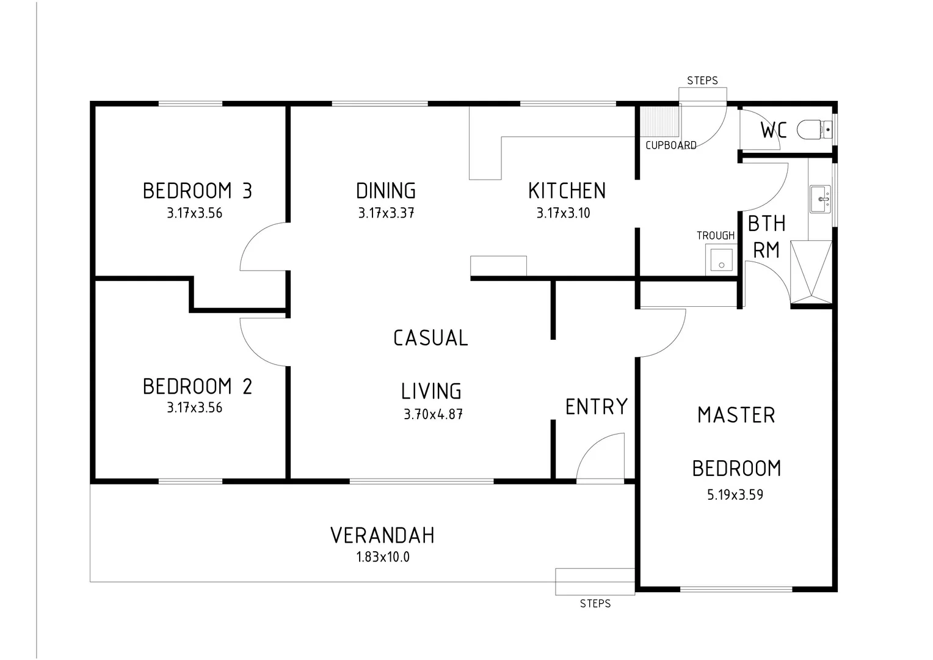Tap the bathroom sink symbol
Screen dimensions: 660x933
(x=820, y=199)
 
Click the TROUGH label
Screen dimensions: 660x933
(x=716, y=235)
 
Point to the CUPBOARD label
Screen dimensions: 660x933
(x=671, y=145)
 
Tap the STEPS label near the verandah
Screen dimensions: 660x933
(x=595, y=604)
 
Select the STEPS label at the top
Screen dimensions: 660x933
(x=702, y=81)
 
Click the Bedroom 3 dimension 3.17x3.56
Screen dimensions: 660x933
(x=195, y=213)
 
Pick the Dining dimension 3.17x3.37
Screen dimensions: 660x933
(x=386, y=213)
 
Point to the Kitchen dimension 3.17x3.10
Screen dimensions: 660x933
(x=564, y=213)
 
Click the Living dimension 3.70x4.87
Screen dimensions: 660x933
(x=433, y=414)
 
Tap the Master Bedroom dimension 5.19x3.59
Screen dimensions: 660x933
(x=735, y=495)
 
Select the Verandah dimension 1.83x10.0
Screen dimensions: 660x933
(x=383, y=557)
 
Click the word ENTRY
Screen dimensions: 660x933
(x=597, y=407)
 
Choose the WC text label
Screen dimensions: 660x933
(x=773, y=130)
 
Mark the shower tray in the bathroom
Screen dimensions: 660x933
(x=811, y=273)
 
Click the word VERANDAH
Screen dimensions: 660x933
(x=383, y=535)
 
